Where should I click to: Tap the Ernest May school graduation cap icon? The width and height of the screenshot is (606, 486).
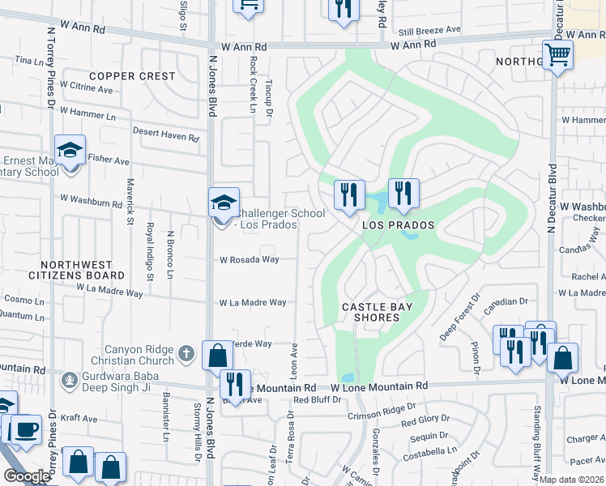point(70,150)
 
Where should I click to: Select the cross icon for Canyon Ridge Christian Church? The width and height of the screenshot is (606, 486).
point(186,352)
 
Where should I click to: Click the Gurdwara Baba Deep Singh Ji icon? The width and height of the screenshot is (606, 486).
point(70,378)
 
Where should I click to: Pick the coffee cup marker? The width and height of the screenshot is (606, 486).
point(26,428)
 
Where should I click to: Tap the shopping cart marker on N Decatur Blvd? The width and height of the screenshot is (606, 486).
point(557,56)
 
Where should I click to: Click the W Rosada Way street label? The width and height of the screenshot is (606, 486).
point(250,260)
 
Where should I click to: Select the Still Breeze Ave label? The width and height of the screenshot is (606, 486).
point(429,30)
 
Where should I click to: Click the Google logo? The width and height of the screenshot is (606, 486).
point(27,476)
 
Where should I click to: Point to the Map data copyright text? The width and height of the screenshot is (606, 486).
point(572,480)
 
